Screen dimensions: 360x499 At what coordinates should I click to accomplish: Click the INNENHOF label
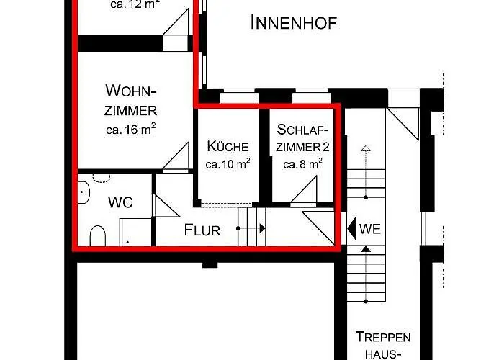pos(293,22)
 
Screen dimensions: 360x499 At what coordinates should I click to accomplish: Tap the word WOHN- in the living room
pos(130,91)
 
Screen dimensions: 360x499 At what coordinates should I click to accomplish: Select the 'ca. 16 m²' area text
pos(130,130)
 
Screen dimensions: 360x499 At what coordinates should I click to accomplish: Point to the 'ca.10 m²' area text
pos(228,163)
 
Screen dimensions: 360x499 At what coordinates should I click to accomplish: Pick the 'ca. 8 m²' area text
pos(302,163)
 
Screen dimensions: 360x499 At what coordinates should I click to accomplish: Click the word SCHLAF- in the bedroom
pos(302,130)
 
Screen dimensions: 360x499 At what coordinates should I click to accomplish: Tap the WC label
pos(120,202)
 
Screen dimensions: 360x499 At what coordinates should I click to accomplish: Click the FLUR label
pos(202,230)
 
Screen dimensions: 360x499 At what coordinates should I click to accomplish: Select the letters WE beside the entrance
pos(370,230)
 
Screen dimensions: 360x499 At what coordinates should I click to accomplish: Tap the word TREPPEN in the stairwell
pos(383,337)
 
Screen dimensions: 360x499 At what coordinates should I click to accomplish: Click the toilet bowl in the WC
pos(97,235)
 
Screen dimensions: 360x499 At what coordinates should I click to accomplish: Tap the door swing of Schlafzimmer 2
pos(307,191)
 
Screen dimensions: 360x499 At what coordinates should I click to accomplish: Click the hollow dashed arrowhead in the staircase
pos(366,149)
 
